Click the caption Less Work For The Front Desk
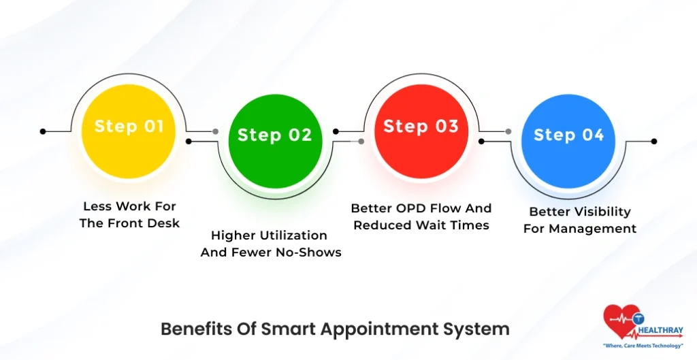pyautogui.click(x=129, y=214)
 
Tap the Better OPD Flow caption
pyautogui.click(x=421, y=216)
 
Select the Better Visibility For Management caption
pyautogui.click(x=580, y=220)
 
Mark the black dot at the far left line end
pyautogui.click(x=43, y=131)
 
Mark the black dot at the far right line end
pyautogui.click(x=654, y=142)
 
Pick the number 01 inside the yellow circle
pyautogui.click(x=154, y=126)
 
